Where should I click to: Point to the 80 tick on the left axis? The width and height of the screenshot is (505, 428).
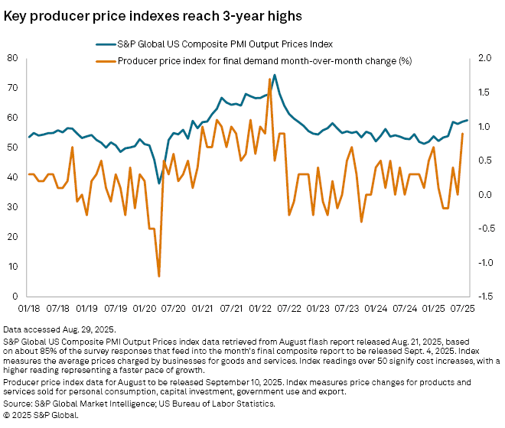click(x=13, y=58)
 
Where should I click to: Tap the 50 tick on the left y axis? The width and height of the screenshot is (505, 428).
click(x=13, y=148)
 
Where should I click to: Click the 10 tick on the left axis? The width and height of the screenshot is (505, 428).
click(x=13, y=267)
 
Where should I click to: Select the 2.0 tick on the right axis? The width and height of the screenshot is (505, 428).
click(x=484, y=58)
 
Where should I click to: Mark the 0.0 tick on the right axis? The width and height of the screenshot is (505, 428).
click(x=484, y=194)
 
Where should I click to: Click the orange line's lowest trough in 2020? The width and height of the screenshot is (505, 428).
click(x=158, y=276)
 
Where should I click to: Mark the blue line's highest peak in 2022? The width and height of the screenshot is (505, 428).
click(x=275, y=75)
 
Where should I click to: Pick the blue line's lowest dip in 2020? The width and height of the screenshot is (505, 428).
click(x=159, y=183)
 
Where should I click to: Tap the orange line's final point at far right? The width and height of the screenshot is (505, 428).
click(x=462, y=134)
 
